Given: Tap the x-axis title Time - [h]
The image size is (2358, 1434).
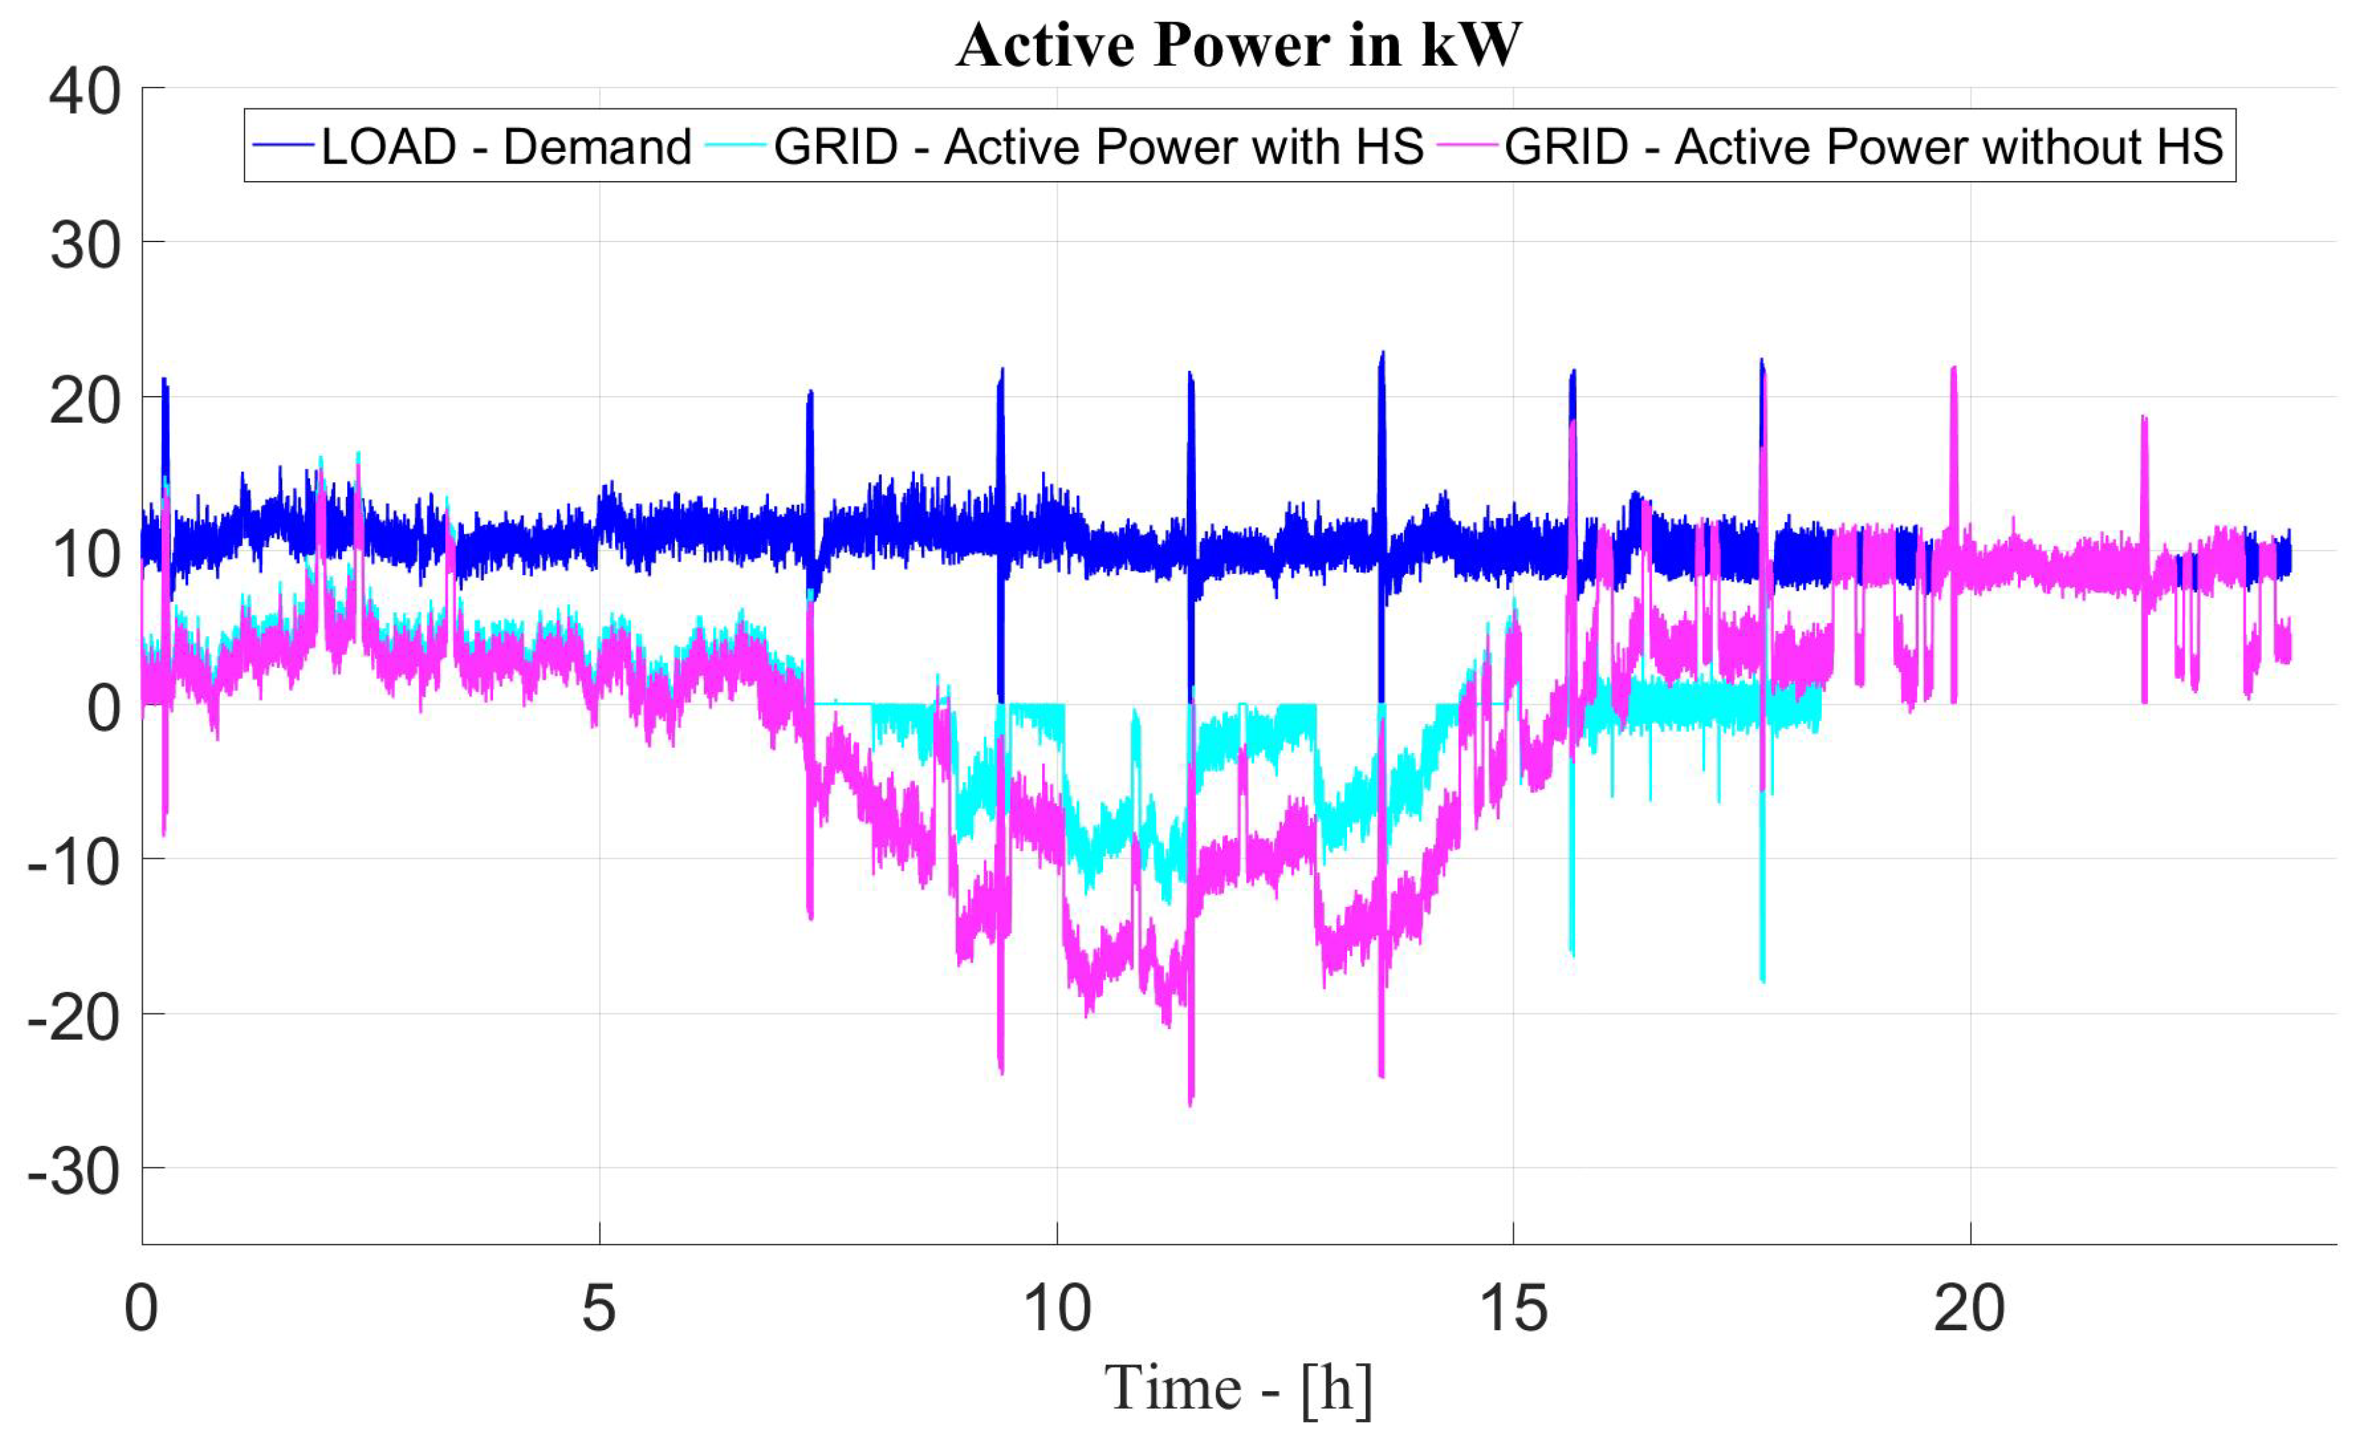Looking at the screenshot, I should point(1237,1388).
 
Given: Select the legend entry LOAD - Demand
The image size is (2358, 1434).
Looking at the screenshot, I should point(505,147).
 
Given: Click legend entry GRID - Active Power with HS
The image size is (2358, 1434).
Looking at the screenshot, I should point(1098,147).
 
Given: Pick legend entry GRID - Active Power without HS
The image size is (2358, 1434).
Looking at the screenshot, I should point(1862,147).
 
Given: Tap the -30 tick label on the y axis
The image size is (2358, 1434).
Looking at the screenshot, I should point(74,1172).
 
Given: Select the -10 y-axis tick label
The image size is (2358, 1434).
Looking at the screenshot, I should point(74,863).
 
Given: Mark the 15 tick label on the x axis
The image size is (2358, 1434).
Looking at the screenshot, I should point(1513,1309).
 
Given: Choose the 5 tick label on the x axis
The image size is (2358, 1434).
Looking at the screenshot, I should point(599,1309).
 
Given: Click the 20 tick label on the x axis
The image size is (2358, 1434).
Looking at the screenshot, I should point(1969,1309).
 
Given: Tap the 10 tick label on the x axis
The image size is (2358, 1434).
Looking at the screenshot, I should point(1056,1309).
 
